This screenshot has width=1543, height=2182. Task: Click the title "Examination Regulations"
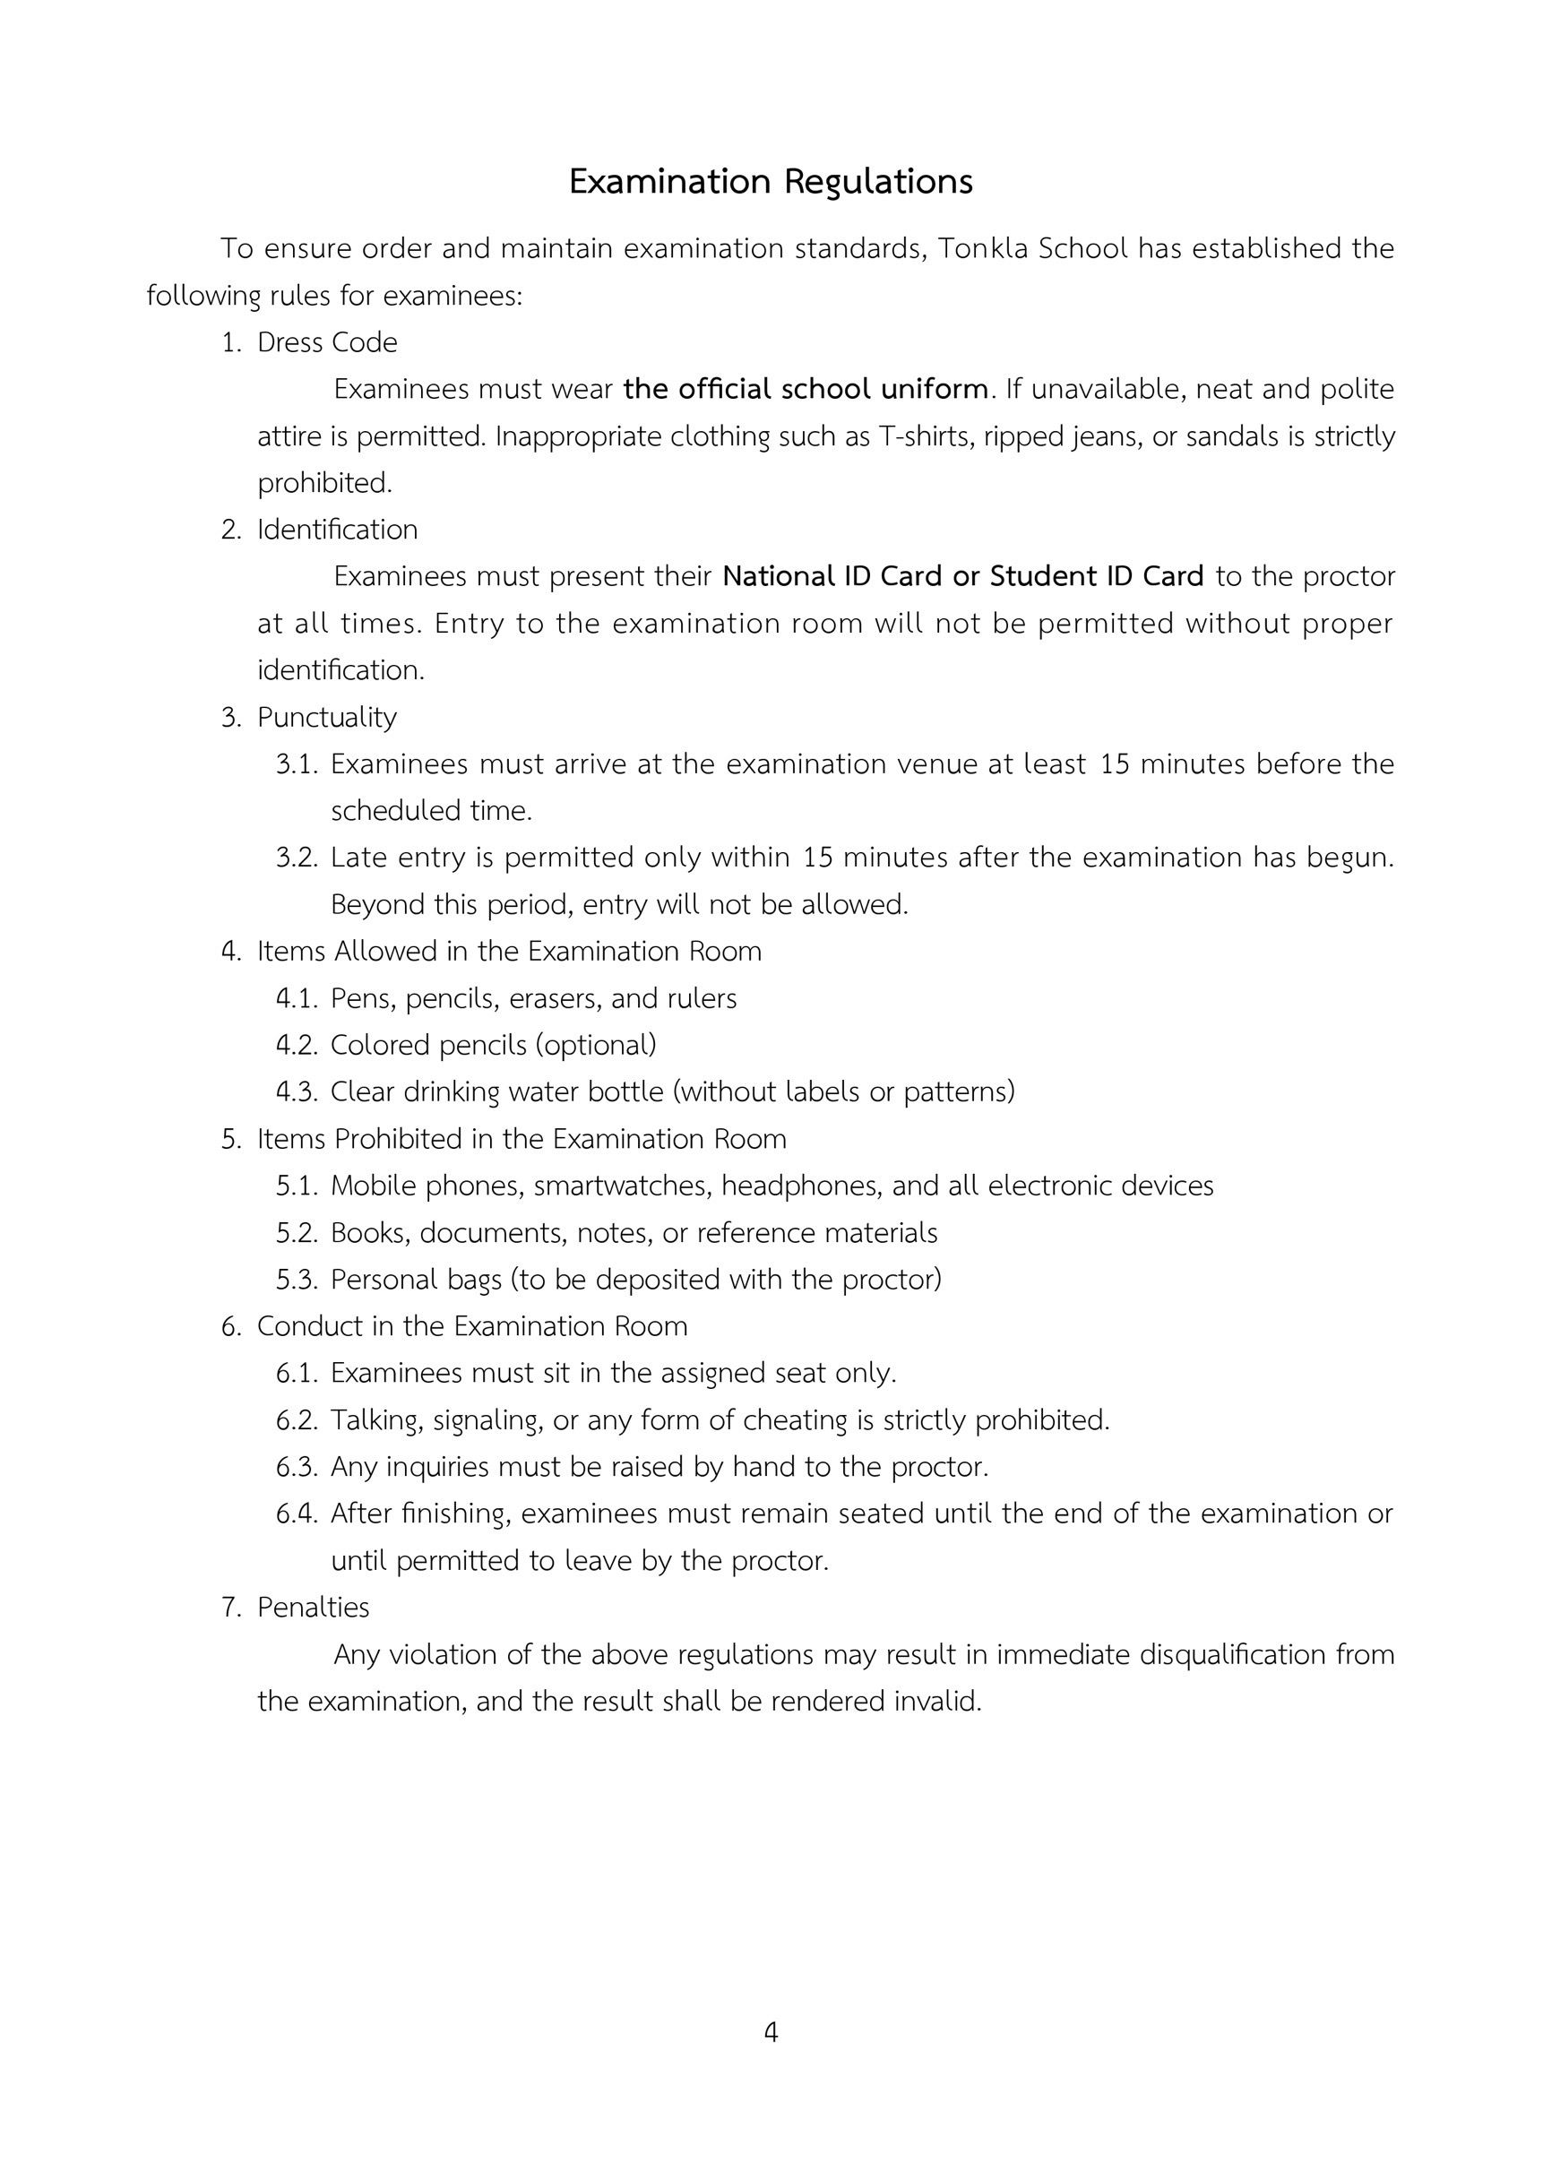[x=771, y=182]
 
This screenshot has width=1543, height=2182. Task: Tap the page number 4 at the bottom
[x=771, y=2031]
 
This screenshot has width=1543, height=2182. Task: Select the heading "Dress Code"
[x=327, y=342]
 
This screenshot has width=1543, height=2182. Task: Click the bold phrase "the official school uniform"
[x=806, y=390]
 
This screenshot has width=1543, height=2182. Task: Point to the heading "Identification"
[x=337, y=530]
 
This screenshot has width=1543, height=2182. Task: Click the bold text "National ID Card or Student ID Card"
[x=962, y=577]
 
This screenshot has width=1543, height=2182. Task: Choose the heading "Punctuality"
[x=327, y=718]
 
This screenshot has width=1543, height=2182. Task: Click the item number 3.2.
[x=296, y=858]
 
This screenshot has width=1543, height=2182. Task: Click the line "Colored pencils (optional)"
[x=493, y=1046]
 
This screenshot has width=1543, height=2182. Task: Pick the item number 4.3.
[x=296, y=1092]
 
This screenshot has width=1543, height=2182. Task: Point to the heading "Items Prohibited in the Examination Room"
[x=522, y=1140]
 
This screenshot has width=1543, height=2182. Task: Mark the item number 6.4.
[x=296, y=1514]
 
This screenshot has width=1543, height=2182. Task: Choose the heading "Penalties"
[x=313, y=1608]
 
